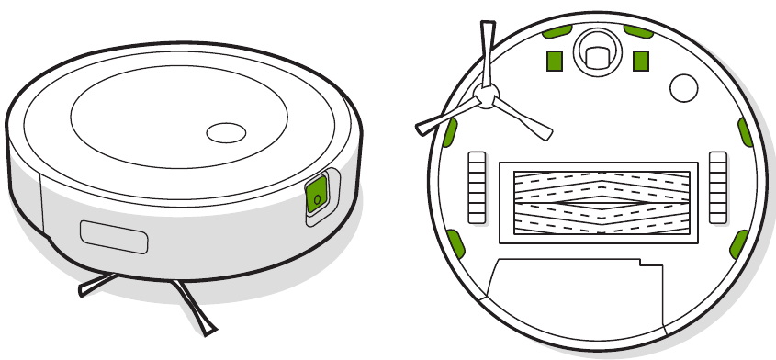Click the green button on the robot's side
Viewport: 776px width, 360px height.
pyautogui.click(x=316, y=195)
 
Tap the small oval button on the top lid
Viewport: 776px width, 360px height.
pyautogui.click(x=224, y=132)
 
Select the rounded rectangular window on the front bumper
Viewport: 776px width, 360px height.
pyautogui.click(x=115, y=236)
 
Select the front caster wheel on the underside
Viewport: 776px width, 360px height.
pyautogui.click(x=596, y=54)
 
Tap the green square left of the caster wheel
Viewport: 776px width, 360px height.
pyautogui.click(x=554, y=60)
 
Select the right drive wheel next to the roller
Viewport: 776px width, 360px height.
pyautogui.click(x=719, y=187)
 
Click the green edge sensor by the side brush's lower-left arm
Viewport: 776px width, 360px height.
pyautogui.click(x=450, y=134)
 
